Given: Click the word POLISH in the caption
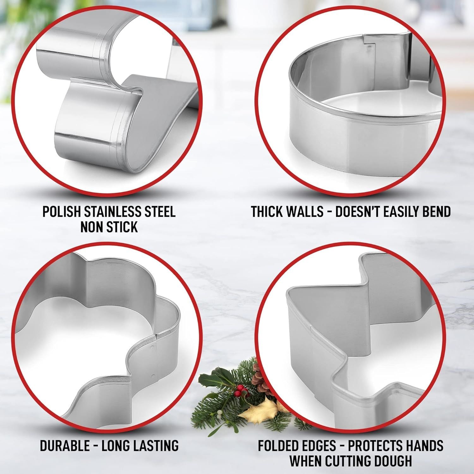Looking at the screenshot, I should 60,212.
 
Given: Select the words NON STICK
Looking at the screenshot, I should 109,227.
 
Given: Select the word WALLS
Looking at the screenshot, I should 305,212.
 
